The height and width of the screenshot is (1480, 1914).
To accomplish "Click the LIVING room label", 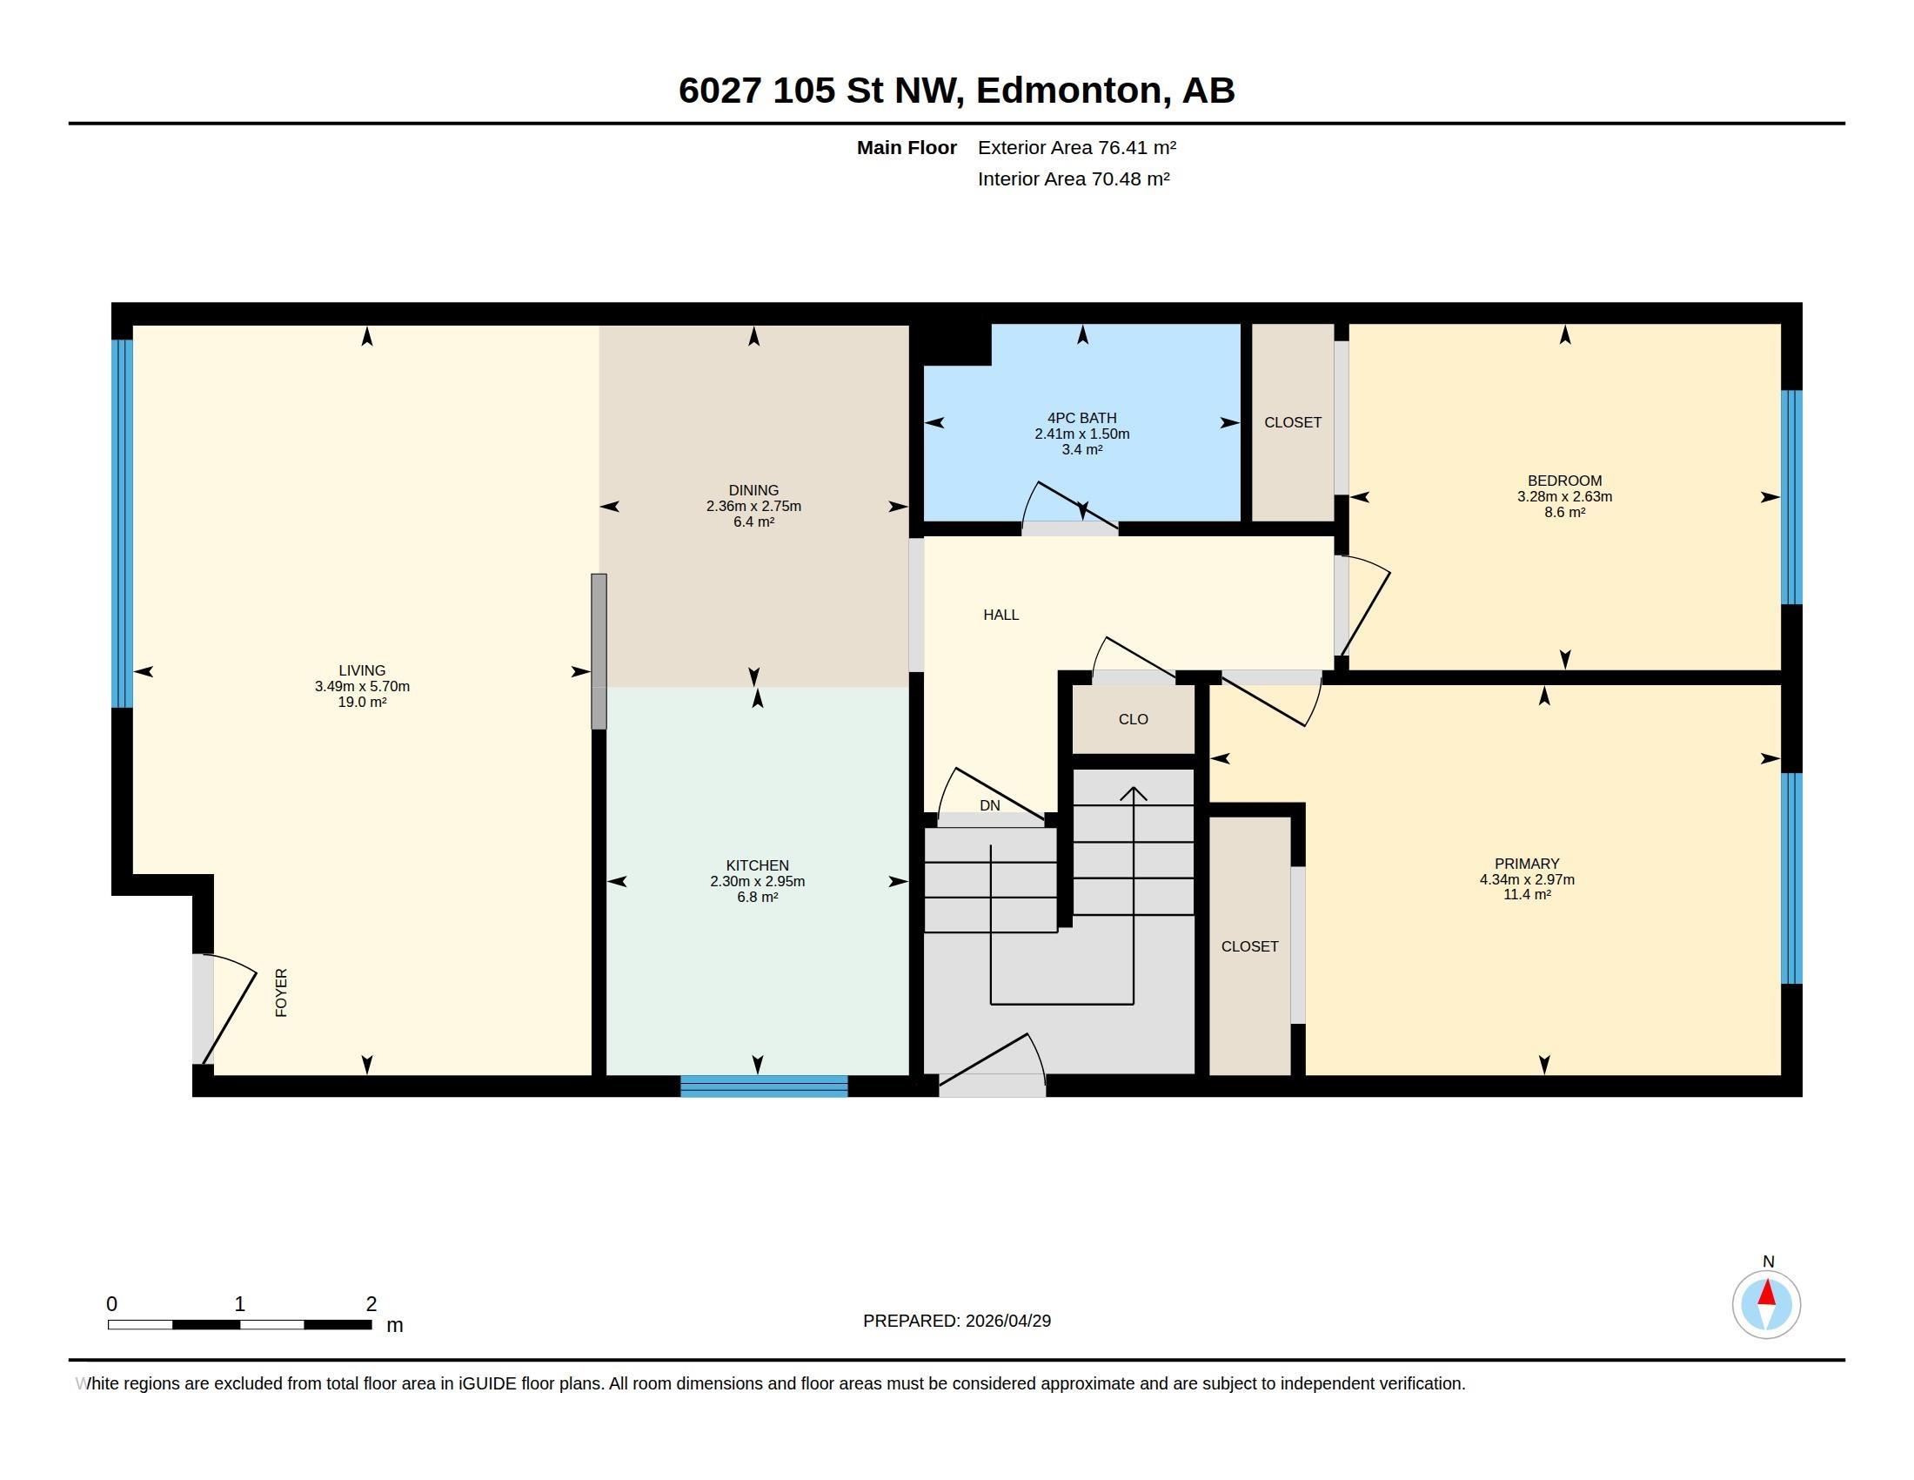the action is point(362,670).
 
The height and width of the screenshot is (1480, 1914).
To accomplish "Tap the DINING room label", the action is point(753,490).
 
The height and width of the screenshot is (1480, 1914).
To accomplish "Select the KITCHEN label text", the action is point(757,865).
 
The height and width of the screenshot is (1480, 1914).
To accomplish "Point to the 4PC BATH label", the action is point(1081,418).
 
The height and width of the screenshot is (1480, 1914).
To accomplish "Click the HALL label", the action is point(1000,615).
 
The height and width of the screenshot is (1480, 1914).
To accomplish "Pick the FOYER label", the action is point(281,992).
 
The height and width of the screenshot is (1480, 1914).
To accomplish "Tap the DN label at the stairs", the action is point(989,805).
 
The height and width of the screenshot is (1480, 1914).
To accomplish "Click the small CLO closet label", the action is point(1133,719).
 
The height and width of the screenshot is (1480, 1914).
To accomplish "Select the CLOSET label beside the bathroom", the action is point(1293,422).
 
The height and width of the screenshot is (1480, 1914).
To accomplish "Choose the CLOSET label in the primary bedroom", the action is point(1249,946).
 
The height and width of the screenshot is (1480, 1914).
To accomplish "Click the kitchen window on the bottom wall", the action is point(764,1086).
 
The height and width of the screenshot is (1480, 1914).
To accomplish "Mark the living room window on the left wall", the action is point(123,523).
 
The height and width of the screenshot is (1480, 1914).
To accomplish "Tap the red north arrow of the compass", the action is point(1767,1292).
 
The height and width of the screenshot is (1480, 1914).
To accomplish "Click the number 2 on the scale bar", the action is point(371,1304).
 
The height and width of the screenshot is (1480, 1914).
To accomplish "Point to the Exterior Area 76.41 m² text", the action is point(1077,147).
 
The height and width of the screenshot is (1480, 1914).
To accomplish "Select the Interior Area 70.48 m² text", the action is point(1074,178).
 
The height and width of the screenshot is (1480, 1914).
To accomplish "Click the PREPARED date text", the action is point(957,1321).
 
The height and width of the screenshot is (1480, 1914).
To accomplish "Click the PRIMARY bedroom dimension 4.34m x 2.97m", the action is point(1527,879).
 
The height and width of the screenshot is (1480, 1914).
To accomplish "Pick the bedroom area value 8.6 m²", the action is point(1564,512).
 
